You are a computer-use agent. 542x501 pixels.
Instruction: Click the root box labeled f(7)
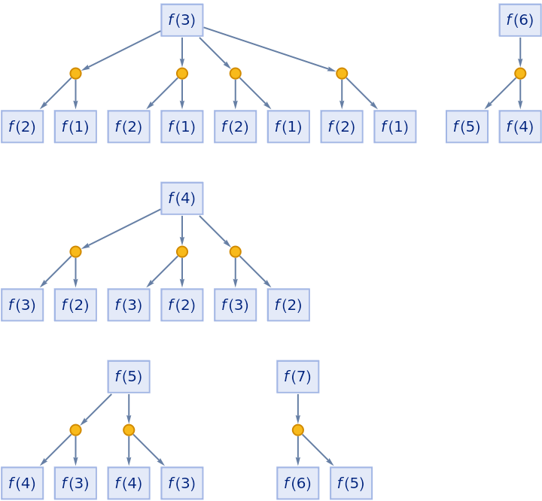[298, 376]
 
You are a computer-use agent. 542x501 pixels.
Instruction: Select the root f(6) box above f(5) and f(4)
[520, 20]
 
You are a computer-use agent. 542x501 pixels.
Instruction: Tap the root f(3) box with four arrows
[182, 20]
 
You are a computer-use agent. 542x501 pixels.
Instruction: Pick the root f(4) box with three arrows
[182, 198]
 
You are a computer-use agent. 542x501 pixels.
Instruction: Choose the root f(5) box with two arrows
[129, 376]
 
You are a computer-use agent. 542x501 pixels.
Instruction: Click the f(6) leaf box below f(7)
[298, 483]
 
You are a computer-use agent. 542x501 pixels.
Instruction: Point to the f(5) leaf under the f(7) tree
[352, 483]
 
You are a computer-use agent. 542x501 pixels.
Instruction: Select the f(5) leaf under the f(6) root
[467, 126]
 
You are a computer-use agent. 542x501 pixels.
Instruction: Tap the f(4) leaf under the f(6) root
[520, 126]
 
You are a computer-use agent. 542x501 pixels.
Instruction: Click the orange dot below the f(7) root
[298, 430]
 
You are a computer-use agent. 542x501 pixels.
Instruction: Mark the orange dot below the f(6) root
[520, 73]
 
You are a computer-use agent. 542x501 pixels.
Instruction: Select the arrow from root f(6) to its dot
[520, 50]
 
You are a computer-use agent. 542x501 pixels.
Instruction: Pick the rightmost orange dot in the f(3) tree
[342, 73]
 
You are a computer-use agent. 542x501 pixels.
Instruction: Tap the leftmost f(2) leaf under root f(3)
[23, 126]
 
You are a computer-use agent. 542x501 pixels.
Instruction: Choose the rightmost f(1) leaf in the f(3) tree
[395, 126]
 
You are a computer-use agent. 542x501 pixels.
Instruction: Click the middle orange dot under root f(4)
[182, 251]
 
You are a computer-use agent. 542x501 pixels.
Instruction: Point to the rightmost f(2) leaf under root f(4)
[288, 305]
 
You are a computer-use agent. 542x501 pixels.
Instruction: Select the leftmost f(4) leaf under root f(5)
[23, 483]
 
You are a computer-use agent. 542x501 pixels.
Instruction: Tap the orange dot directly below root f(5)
[129, 430]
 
